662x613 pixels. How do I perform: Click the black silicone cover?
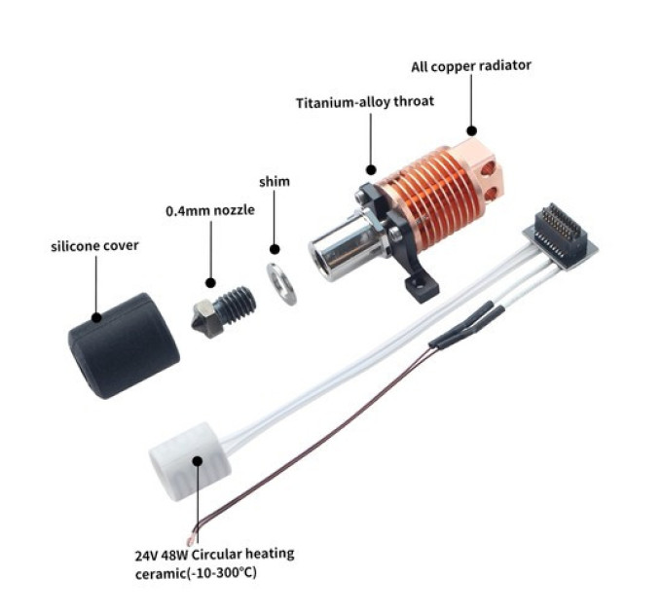pyautogui.click(x=124, y=346)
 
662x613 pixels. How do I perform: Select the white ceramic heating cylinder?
pyautogui.click(x=190, y=461)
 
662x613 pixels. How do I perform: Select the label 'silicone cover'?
pyautogui.click(x=94, y=246)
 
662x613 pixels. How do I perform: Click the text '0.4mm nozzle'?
pyautogui.click(x=210, y=210)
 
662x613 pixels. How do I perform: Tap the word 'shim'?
pyautogui.click(x=275, y=182)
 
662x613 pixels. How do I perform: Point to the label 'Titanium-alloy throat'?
pyautogui.click(x=365, y=102)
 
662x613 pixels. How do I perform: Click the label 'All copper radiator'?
pyautogui.click(x=471, y=66)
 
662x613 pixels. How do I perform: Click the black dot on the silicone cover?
pyautogui.click(x=96, y=317)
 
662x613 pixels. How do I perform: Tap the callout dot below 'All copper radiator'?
pyautogui.click(x=471, y=130)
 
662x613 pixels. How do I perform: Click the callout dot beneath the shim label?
pyautogui.click(x=275, y=249)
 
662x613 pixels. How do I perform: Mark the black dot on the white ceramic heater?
pyautogui.click(x=198, y=460)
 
